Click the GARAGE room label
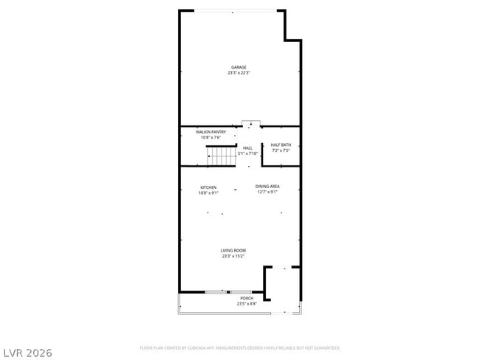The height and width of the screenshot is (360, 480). (239, 67)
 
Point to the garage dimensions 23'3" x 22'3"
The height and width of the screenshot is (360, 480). (239, 72)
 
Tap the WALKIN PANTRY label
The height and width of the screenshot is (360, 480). (210, 132)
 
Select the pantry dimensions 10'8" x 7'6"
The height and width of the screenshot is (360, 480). (210, 137)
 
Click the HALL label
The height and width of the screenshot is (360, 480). (247, 148)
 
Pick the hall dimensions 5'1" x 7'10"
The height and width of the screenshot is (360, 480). (247, 153)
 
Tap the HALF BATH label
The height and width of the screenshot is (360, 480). (281, 145)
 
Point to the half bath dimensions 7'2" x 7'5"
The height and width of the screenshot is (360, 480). (281, 150)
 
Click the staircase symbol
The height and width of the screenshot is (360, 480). (220, 155)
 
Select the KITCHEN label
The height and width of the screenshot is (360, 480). (208, 187)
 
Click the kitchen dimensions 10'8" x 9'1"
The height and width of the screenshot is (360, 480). (208, 193)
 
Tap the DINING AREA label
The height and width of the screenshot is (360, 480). (267, 186)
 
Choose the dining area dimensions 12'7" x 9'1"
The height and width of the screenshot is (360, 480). (267, 192)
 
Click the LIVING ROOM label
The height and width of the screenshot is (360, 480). (233, 251)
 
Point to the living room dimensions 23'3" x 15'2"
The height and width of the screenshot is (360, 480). (233, 257)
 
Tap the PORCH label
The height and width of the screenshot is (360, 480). (246, 298)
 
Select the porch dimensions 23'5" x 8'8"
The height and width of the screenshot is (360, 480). (246, 303)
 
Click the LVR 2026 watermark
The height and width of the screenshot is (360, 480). (27, 353)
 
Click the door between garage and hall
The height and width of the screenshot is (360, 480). (251, 123)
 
